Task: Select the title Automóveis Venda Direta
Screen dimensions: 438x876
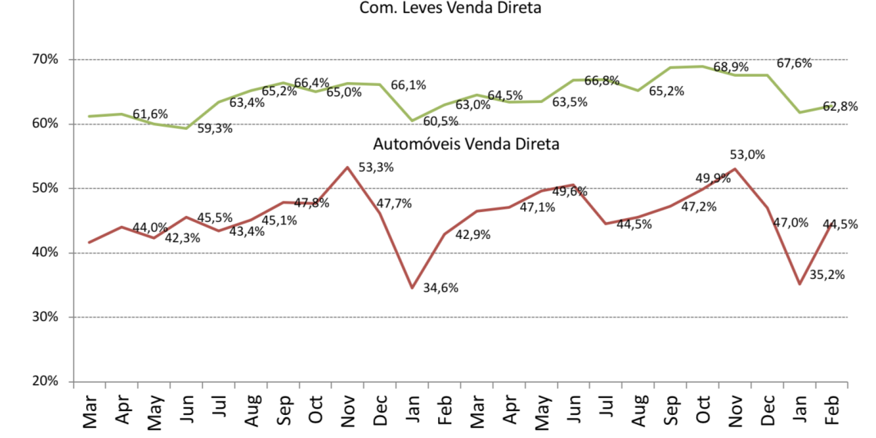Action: click(466, 144)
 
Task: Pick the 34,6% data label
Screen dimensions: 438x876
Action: click(442, 289)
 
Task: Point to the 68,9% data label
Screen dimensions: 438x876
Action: click(731, 68)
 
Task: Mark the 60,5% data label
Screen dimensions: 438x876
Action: click(440, 121)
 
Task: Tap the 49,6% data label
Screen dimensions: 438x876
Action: click(569, 191)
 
